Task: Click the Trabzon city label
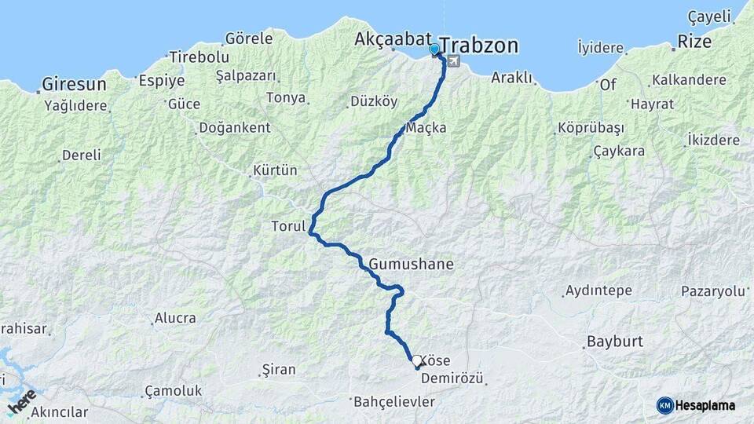coord(479,46)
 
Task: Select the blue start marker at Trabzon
coord(434,50)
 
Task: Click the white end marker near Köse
coord(416,360)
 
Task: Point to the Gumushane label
coord(411,265)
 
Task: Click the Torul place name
coord(287,227)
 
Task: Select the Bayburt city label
coord(614,342)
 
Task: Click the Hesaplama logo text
coord(705,405)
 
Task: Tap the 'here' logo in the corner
coord(21,400)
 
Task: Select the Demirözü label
coord(452,378)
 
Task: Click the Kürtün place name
coord(275,170)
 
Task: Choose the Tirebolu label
coord(199,57)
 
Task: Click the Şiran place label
coord(279,369)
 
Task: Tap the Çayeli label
coord(710,16)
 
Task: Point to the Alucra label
coord(175,318)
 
